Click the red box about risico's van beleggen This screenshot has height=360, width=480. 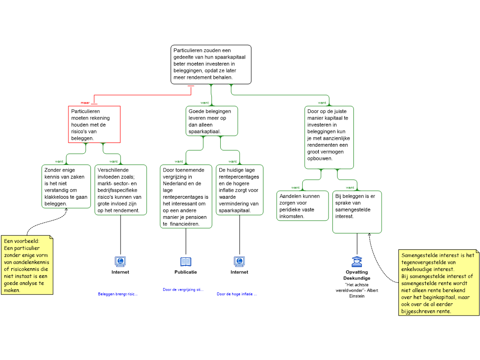point(94,124)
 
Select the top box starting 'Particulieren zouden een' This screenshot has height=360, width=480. point(211,65)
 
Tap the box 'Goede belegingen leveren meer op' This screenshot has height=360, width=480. point(211,121)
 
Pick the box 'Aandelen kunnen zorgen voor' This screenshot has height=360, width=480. point(302,206)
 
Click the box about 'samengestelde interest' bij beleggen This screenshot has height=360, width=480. point(357,212)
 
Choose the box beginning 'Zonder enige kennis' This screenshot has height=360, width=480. point(66,187)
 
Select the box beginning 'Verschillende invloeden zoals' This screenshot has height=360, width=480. point(120,190)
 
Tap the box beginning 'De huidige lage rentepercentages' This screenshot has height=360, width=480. point(240,190)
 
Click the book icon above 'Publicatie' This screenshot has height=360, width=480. point(186,262)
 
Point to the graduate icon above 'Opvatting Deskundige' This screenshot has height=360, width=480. point(357,262)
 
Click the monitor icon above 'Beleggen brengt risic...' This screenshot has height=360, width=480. point(120,262)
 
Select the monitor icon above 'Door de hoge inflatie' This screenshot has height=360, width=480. point(240,262)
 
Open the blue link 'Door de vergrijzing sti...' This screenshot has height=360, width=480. point(183,290)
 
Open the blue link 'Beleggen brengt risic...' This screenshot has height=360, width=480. point(118,294)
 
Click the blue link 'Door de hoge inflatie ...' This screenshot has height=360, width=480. point(237,294)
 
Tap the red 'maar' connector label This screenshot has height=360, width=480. point(85,103)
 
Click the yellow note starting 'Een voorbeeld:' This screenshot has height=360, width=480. point(27,265)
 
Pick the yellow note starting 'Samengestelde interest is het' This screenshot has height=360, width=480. point(439,283)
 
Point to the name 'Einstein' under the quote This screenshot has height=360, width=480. point(357,296)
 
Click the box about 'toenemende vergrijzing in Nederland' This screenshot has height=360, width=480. point(186,196)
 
